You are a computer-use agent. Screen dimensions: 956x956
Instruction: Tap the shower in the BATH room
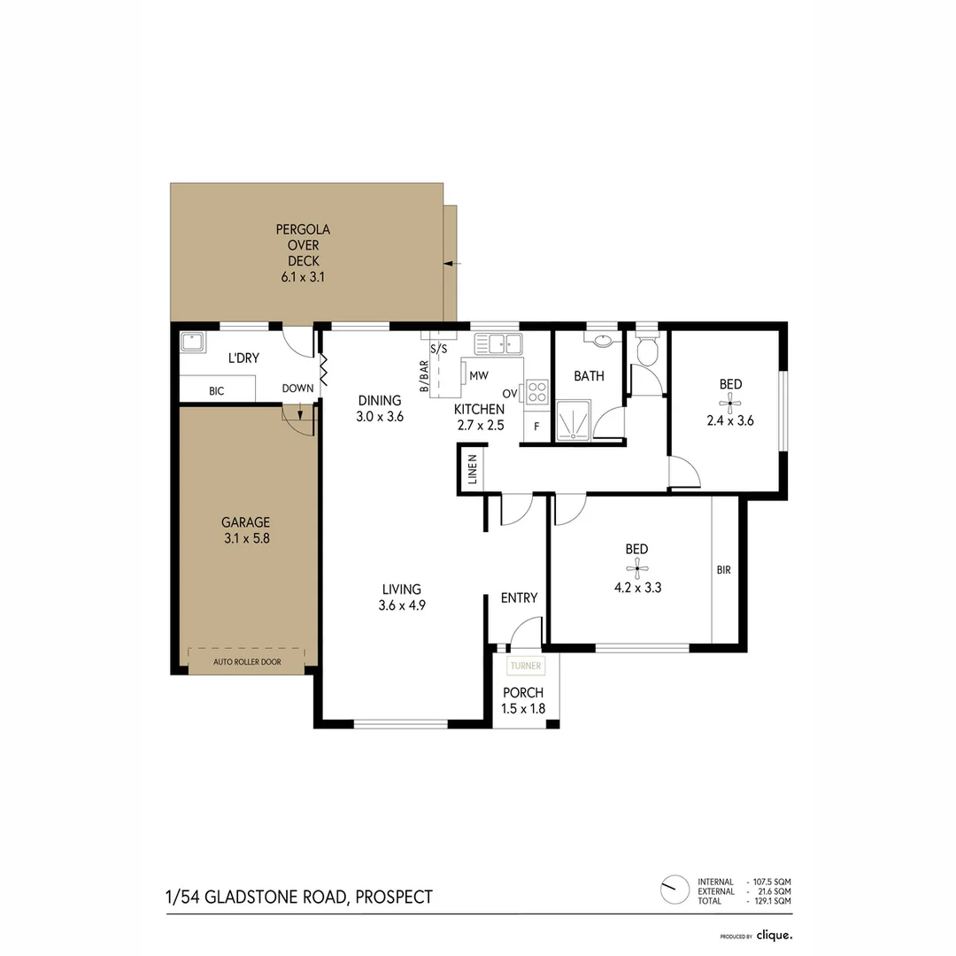click(573, 420)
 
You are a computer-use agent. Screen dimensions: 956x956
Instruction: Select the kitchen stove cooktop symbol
click(537, 391)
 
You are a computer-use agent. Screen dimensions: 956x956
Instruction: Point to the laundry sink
click(192, 342)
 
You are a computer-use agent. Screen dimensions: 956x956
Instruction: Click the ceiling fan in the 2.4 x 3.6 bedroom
click(730, 404)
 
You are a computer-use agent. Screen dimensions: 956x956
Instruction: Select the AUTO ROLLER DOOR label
click(246, 661)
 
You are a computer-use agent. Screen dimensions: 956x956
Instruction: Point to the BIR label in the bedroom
click(724, 570)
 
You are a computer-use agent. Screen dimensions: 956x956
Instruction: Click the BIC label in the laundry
click(217, 389)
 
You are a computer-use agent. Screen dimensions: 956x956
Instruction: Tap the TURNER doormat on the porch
click(526, 666)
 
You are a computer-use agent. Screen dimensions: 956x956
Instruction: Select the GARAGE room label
click(245, 522)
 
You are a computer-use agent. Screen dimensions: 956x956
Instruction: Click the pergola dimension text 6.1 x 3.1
click(302, 277)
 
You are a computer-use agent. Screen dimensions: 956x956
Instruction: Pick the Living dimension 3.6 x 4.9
click(401, 605)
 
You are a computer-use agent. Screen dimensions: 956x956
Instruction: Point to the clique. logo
click(774, 935)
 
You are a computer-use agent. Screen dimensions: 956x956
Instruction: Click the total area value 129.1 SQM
click(771, 901)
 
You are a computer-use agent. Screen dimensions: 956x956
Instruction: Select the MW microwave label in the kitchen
click(478, 375)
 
